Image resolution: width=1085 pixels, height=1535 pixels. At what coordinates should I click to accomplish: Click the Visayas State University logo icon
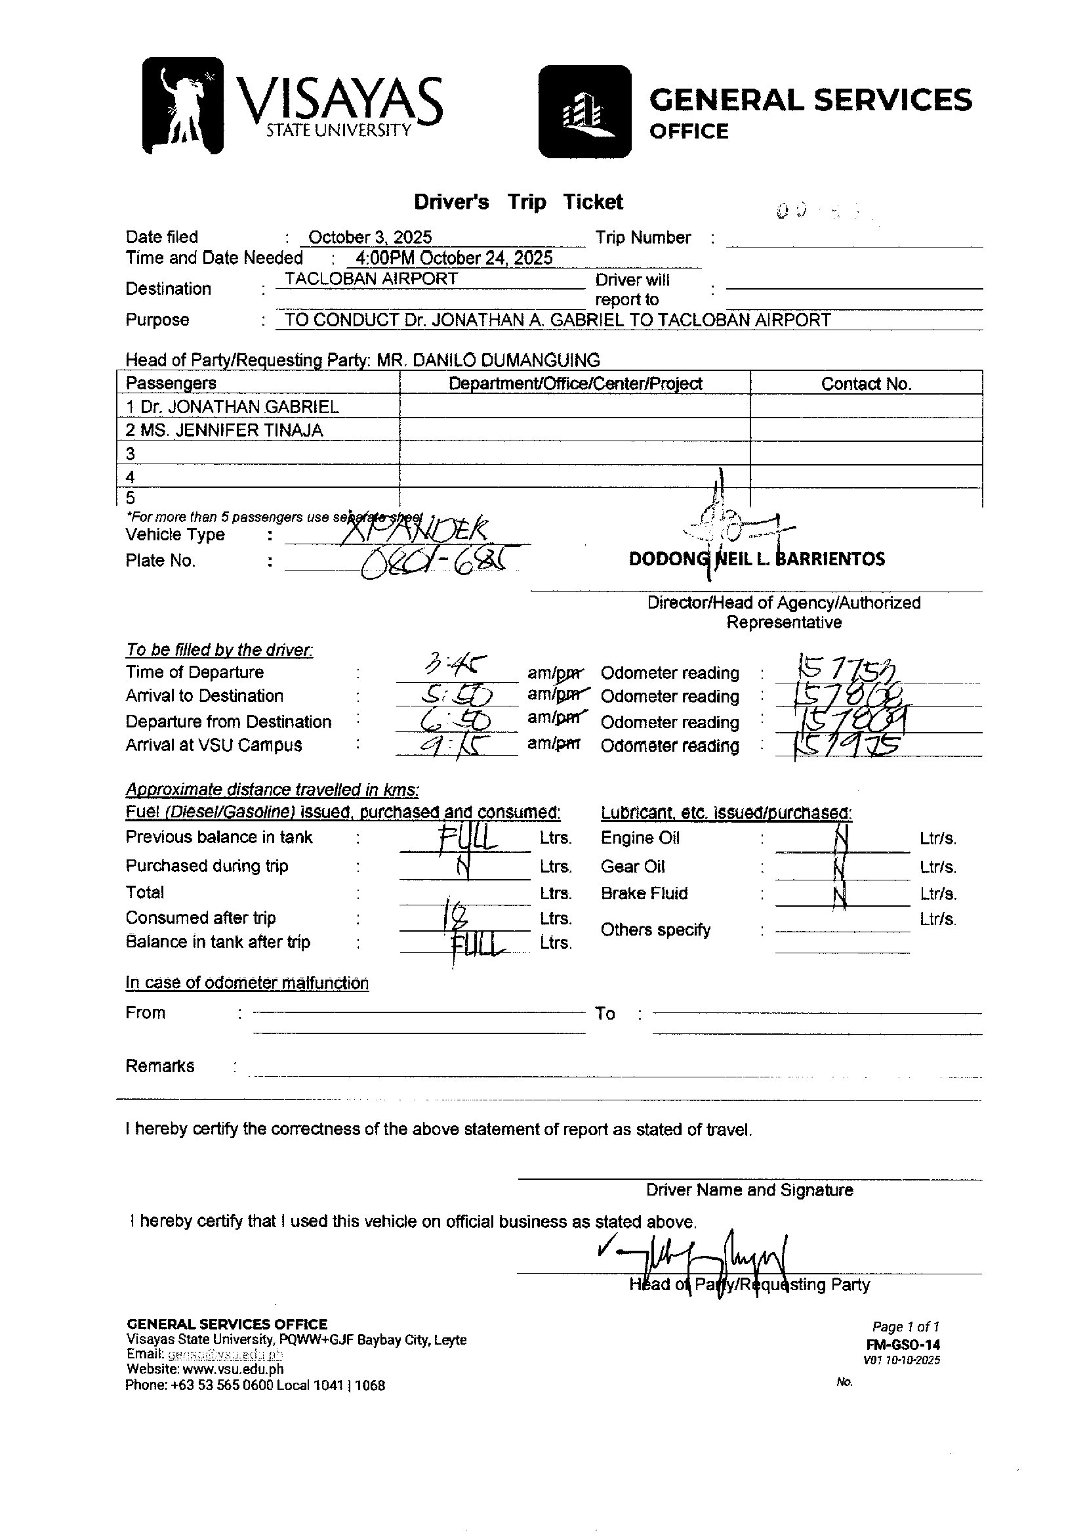182,106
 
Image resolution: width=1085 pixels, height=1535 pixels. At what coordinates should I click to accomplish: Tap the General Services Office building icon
584,112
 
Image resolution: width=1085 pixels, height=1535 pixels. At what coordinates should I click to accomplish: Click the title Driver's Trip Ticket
518,202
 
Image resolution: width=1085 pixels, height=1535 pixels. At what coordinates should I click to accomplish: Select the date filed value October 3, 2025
369,237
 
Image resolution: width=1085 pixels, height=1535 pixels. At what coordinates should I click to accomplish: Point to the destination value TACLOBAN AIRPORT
371,279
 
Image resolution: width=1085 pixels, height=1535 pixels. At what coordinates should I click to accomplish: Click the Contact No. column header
866,383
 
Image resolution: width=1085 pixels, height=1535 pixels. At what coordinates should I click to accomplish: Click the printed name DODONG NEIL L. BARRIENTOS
757,559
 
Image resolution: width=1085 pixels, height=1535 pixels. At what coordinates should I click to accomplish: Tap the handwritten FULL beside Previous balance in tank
468,837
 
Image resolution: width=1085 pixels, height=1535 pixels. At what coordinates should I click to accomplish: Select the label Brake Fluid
644,894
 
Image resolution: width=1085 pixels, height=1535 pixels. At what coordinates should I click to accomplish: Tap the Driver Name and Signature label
749,1190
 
